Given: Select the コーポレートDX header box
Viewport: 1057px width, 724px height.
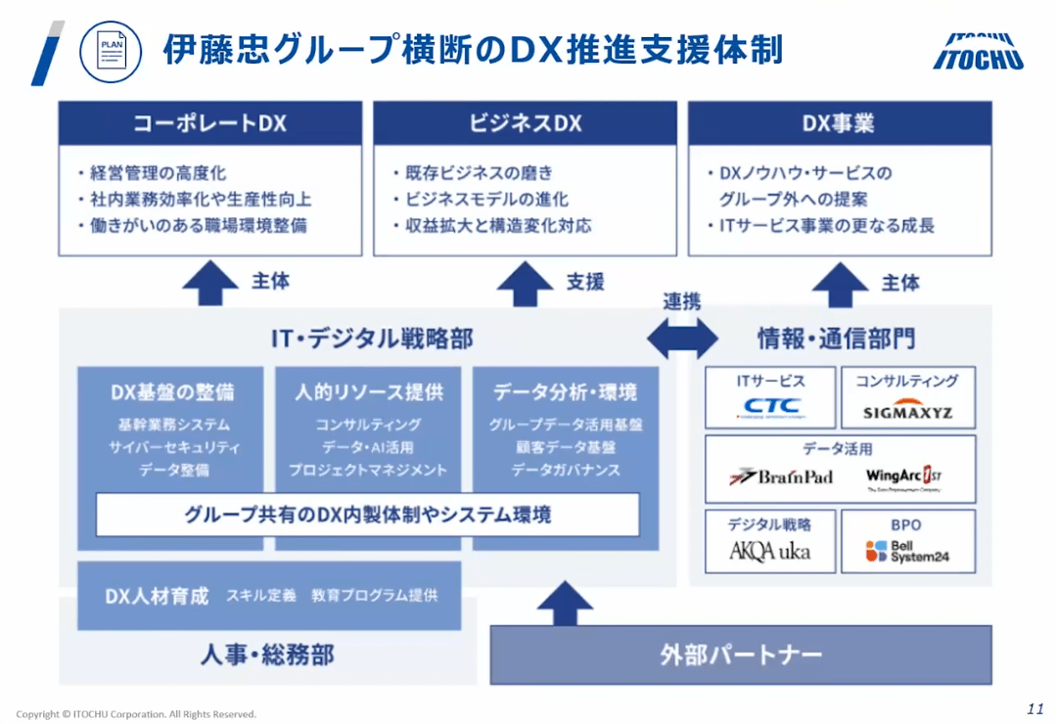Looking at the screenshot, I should click(x=209, y=124).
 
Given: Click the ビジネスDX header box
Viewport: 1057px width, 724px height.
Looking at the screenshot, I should click(x=525, y=124).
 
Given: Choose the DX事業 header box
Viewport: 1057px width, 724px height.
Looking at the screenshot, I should click(x=839, y=124).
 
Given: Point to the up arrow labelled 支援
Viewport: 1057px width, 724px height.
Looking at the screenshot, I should click(x=525, y=285).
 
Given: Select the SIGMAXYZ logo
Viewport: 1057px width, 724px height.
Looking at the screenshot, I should click(x=907, y=412).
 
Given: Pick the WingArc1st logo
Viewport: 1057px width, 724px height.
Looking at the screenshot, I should click(x=903, y=477).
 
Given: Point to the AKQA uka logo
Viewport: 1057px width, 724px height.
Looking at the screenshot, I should click(x=770, y=551).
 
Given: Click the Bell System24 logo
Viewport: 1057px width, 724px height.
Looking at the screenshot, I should click(x=907, y=552).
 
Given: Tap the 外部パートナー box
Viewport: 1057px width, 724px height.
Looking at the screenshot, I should click(x=740, y=655).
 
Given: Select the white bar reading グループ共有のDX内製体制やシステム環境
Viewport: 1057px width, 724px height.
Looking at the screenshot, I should click(x=367, y=514).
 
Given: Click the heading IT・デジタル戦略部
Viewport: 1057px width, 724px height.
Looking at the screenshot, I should click(x=372, y=339).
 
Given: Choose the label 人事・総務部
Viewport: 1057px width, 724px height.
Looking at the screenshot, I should click(x=268, y=655).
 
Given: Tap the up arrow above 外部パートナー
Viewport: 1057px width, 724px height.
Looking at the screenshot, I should click(x=565, y=603).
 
